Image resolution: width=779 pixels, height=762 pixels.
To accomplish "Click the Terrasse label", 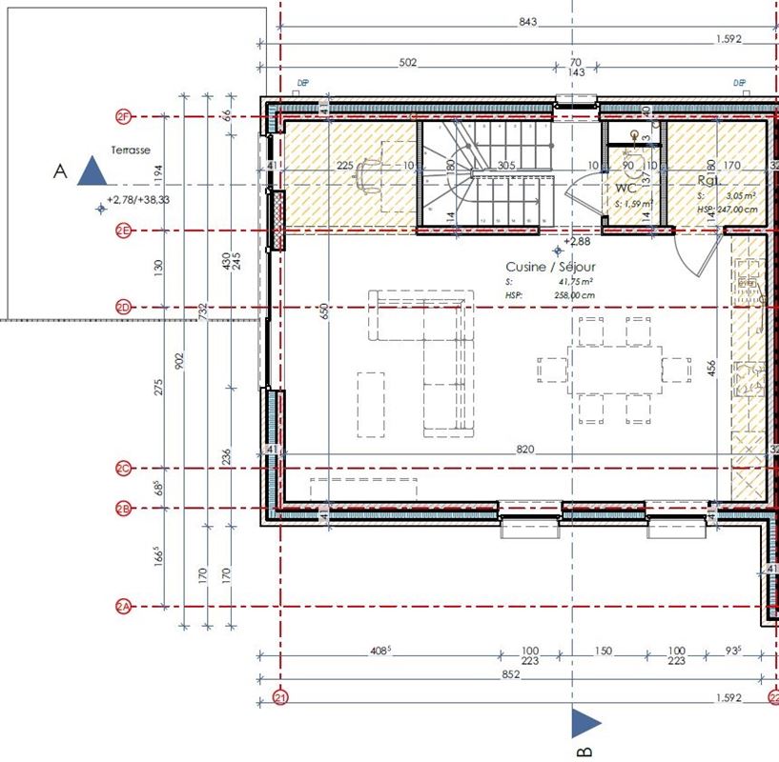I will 131,150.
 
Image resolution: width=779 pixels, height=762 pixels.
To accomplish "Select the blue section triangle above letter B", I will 586,723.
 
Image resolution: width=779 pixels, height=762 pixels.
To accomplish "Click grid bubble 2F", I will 122,117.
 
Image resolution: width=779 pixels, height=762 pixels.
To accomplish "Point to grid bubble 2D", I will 122,307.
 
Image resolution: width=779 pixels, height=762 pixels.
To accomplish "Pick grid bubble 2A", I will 122,607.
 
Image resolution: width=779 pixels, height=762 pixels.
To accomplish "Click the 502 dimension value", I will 408,63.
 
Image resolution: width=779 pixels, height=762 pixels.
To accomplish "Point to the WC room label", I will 625,189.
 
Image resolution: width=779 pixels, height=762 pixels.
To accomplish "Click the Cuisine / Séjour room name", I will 546,269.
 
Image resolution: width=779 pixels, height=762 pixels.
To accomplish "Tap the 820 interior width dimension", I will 524,449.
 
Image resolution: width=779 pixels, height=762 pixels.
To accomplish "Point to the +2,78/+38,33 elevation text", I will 139,199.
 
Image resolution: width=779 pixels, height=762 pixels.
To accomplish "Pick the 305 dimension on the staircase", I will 505,166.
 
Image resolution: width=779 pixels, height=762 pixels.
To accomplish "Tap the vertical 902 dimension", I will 180,360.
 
